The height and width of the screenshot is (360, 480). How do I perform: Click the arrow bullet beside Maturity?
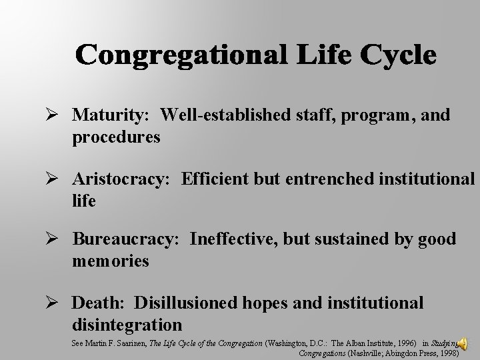[58, 115]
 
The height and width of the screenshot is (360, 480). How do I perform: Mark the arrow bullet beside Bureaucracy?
[58, 239]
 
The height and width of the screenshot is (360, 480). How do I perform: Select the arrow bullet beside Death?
[58, 302]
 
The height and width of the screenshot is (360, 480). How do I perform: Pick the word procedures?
[117, 137]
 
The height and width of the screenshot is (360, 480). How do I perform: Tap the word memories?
[111, 261]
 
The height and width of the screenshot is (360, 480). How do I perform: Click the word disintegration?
[127, 325]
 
